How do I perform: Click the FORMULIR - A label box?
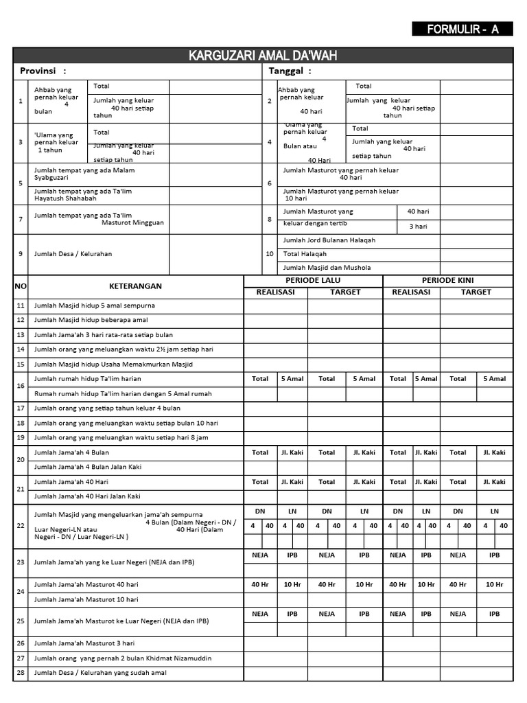coord(462,29)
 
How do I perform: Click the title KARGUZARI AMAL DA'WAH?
coord(263,56)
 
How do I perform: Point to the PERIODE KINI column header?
coord(447,281)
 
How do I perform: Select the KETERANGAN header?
coord(135,286)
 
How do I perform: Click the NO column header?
coord(21,286)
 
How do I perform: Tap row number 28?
coord(21,673)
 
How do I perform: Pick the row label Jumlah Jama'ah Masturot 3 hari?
coord(84,644)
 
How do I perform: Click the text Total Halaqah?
coord(305,254)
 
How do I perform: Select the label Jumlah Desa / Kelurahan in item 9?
coord(73,254)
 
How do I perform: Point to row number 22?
coord(21,526)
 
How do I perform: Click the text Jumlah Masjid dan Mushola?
coord(322,268)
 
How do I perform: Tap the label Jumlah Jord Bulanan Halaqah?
coord(329,240)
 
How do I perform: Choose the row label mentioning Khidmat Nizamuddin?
coord(113,658)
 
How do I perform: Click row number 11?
coord(21,306)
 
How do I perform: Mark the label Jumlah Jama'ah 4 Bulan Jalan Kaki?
coord(88,468)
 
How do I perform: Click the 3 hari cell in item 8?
coord(418,226)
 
